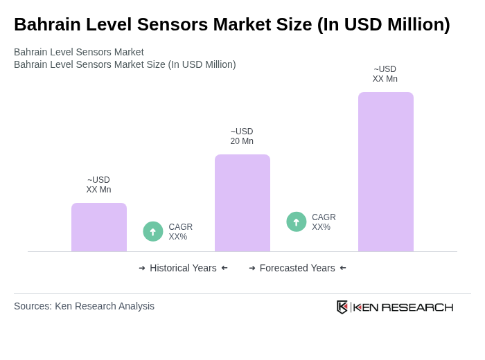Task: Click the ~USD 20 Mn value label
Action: click(242, 136)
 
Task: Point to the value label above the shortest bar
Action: click(98, 185)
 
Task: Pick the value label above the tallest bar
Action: click(385, 74)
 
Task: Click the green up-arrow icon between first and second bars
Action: click(153, 232)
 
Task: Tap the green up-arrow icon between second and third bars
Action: click(297, 222)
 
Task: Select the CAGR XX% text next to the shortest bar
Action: click(180, 232)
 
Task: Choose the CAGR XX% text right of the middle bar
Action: click(324, 222)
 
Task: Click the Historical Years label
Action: click(183, 268)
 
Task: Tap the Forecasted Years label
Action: click(297, 268)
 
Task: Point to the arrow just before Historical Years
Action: click(142, 268)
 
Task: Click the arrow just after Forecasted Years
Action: click(343, 268)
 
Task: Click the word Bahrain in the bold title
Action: click(46, 24)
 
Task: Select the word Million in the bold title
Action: click(409, 24)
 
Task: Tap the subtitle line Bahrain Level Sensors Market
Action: click(79, 52)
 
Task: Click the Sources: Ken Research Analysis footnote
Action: click(84, 306)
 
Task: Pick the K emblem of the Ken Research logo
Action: click(342, 307)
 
